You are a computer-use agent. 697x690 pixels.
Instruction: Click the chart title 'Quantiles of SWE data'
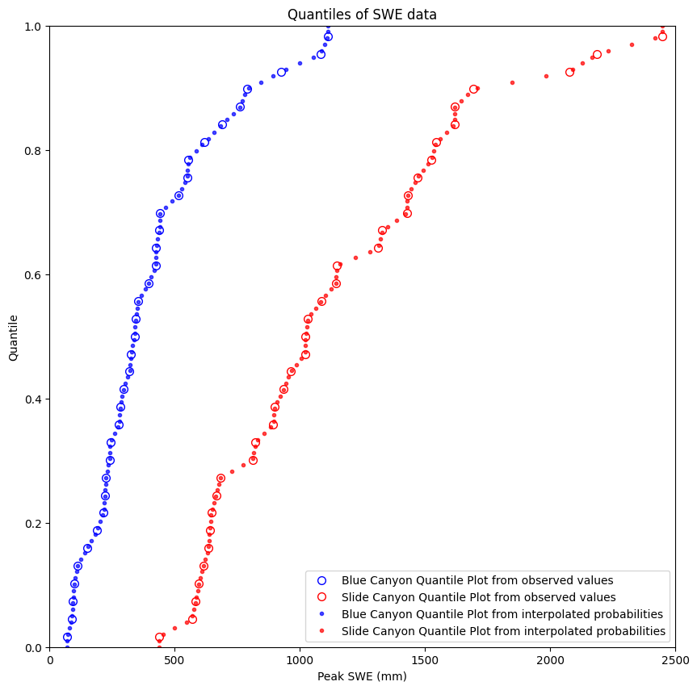[x=362, y=15]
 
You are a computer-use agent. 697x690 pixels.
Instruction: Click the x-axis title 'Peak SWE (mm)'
[x=362, y=676]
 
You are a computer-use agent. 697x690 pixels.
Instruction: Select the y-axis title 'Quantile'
[x=14, y=337]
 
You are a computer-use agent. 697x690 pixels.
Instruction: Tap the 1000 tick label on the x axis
[x=300, y=660]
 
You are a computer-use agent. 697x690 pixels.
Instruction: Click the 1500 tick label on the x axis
[x=425, y=660]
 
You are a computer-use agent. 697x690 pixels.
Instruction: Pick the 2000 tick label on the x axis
[x=550, y=660]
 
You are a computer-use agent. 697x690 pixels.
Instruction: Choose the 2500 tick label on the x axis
[x=674, y=660]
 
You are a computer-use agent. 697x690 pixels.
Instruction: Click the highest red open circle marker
[x=662, y=36]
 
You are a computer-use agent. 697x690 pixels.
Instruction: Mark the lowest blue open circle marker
[x=67, y=638]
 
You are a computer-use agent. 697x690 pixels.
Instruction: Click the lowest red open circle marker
[x=160, y=638]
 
